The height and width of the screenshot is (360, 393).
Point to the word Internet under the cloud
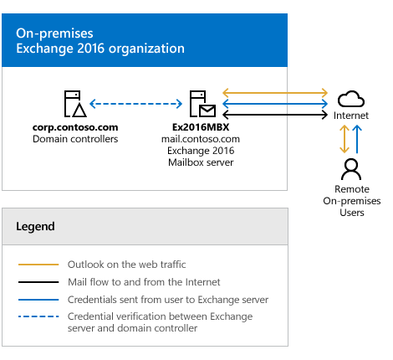pyautogui.click(x=351, y=116)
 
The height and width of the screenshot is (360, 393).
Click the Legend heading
pyautogui.click(x=35, y=226)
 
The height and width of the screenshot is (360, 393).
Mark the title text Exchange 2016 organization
pyautogui.click(x=100, y=49)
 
